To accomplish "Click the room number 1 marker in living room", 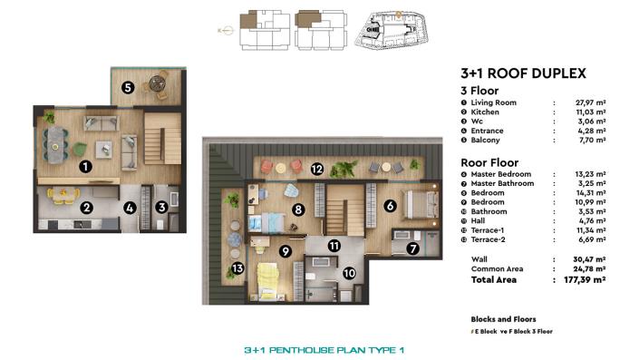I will point(84,167).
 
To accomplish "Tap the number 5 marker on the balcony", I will point(128,88).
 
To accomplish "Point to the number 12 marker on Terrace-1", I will point(316,169).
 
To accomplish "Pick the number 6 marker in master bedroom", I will point(390,207).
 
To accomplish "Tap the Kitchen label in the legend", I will point(485,112).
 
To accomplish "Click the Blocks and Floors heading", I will point(503,319).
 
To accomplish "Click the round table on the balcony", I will point(160,85).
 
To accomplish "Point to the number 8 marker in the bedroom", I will point(297,209).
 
